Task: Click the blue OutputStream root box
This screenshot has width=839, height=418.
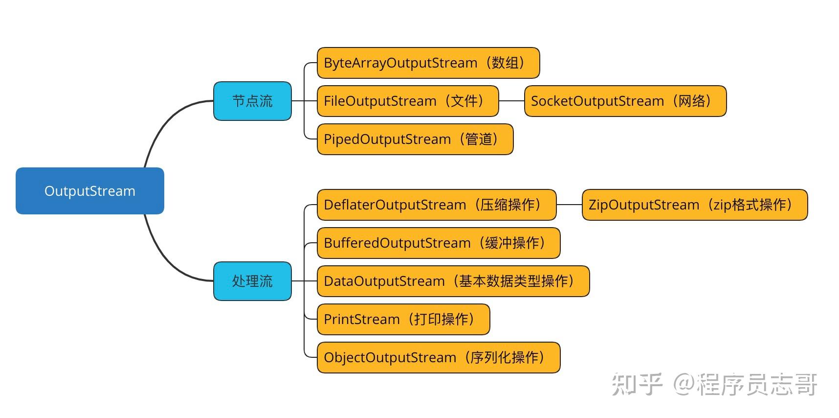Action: (x=90, y=191)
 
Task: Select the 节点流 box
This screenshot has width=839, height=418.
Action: (x=252, y=101)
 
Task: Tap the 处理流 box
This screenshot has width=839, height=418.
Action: (x=252, y=281)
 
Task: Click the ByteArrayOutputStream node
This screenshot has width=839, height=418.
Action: (x=428, y=63)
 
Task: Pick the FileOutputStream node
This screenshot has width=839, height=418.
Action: (x=408, y=101)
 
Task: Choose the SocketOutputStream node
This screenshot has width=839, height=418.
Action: (x=625, y=101)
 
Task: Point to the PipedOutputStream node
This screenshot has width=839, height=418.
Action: (x=415, y=139)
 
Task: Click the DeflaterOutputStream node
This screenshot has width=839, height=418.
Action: (x=437, y=205)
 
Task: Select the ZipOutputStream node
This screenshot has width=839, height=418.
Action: (x=695, y=205)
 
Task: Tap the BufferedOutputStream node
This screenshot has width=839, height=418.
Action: (x=439, y=243)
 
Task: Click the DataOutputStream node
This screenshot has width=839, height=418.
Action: (x=453, y=281)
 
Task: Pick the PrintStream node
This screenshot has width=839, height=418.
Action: (x=403, y=319)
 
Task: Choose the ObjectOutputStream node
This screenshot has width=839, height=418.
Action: (x=439, y=357)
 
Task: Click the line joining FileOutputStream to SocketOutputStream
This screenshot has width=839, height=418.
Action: (x=511, y=101)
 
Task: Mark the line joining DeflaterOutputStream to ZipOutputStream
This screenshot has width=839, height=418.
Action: (x=569, y=205)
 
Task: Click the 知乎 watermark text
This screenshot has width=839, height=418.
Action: (x=637, y=384)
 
